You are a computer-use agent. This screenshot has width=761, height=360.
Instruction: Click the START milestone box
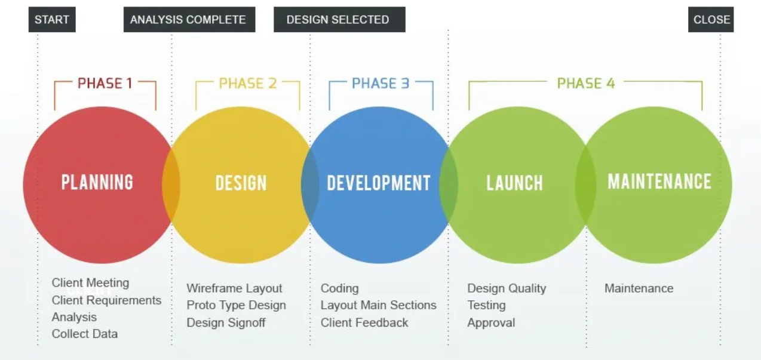[52, 19]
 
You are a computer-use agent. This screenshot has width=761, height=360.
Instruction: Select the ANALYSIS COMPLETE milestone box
[189, 19]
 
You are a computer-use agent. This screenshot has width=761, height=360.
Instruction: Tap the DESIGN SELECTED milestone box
[339, 19]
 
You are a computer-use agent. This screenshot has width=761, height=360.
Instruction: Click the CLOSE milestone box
[711, 19]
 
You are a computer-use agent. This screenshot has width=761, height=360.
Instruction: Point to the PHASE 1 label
[105, 83]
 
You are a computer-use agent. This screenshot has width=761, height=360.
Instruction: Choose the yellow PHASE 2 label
[248, 83]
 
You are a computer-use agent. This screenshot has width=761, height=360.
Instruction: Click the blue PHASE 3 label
[380, 83]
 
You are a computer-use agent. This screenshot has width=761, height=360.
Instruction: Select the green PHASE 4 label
[586, 83]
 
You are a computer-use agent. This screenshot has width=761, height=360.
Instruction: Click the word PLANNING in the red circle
[97, 182]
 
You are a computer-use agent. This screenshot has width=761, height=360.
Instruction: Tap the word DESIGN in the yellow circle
[241, 183]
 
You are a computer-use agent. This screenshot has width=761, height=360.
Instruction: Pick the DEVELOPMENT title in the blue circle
[379, 183]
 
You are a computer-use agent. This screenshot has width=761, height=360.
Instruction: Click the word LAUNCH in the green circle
[515, 183]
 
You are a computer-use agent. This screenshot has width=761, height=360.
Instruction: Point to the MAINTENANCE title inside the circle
[659, 181]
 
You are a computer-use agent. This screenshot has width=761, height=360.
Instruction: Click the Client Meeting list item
[90, 282]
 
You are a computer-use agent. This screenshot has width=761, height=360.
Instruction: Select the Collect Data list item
[85, 334]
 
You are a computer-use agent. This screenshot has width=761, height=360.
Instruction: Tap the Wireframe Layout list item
[234, 288]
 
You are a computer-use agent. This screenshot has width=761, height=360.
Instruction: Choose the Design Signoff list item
[226, 322]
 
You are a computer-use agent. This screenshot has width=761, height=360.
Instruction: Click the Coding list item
[340, 288]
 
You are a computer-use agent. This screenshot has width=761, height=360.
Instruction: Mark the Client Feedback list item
[364, 322]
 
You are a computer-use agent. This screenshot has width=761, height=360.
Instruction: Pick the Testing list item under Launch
[486, 305]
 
